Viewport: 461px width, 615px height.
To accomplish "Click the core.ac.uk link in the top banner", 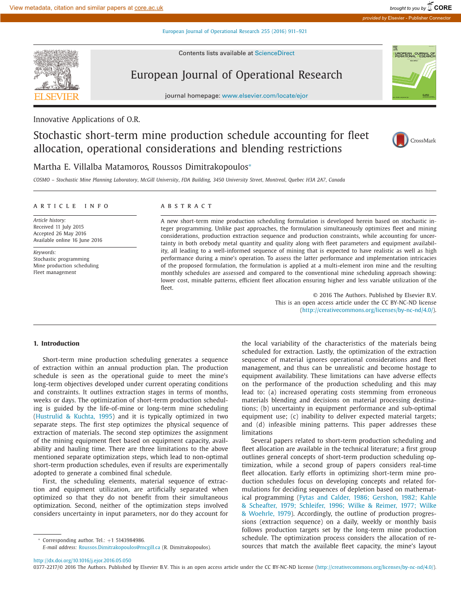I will click(x=149, y=8).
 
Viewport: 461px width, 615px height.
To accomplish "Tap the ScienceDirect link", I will click(x=274, y=53).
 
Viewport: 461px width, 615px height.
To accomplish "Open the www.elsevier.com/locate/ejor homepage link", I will click(x=265, y=95).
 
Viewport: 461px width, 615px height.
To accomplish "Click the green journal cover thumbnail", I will click(x=414, y=72).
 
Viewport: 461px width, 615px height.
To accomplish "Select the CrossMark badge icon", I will click(x=400, y=140).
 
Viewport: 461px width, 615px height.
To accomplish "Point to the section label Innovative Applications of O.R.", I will click(x=87, y=119).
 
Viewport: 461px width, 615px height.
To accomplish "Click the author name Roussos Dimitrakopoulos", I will click(x=200, y=167).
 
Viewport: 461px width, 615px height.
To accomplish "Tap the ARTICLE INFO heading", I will click(x=71, y=206).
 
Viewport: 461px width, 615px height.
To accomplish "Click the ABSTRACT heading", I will click(x=186, y=206).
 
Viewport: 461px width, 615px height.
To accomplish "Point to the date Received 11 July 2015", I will click(x=58, y=227).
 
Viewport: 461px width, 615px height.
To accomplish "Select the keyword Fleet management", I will click(x=55, y=272).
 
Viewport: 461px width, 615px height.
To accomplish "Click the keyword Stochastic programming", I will click(x=61, y=259).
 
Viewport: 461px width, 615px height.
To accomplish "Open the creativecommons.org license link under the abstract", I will click(x=367, y=310).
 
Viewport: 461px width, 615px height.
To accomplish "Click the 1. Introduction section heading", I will click(x=56, y=344).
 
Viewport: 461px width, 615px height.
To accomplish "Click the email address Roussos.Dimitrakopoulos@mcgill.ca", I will click(x=119, y=547).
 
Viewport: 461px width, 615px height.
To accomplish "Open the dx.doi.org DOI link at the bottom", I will click(x=82, y=560).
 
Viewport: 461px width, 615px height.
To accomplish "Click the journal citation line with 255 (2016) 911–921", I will click(x=235, y=31).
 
